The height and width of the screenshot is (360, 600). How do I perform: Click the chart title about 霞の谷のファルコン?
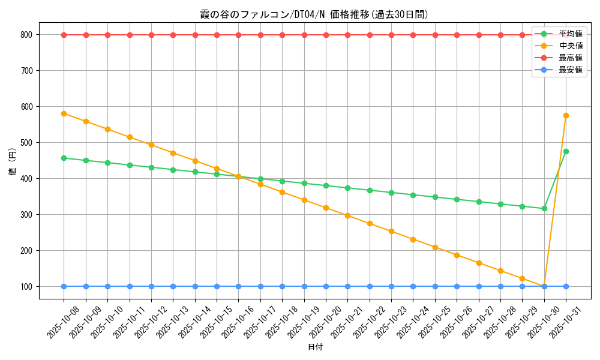(314, 14)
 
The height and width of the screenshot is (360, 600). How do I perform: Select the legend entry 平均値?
(571, 34)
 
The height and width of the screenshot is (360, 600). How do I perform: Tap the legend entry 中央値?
(571, 46)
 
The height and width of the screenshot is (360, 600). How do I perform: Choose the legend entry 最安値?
(571, 70)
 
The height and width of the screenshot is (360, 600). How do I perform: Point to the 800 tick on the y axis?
(27, 35)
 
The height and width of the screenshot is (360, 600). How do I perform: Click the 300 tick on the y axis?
(27, 215)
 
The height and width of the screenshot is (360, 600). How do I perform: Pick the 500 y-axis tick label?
(27, 143)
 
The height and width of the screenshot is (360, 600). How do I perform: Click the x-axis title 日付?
(315, 347)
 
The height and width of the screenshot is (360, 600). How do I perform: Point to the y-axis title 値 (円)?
(12, 163)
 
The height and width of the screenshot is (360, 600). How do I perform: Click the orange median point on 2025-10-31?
(566, 115)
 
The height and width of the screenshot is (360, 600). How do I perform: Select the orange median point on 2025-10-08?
(64, 113)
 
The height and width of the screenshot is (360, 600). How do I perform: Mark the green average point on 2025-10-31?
(566, 151)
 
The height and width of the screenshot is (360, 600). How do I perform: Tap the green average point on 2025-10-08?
(64, 158)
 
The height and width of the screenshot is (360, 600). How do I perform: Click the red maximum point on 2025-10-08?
(64, 35)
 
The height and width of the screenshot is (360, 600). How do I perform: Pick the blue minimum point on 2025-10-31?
(566, 286)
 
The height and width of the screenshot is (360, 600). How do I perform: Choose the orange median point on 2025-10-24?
(413, 239)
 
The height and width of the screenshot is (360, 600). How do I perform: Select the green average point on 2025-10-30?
(544, 208)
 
